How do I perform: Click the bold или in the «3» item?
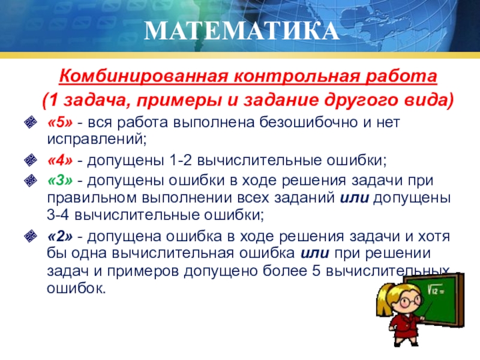pos(353,198)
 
